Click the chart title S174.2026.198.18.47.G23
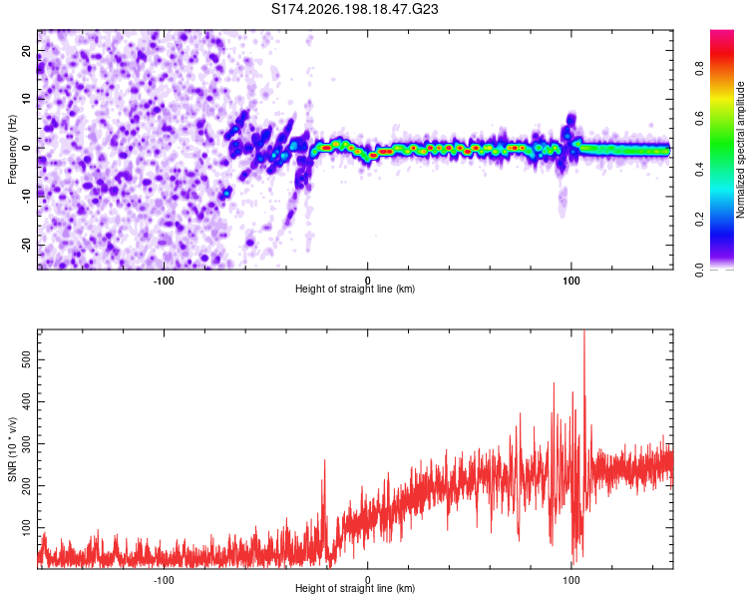point(354,9)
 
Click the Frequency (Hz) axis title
point(12,150)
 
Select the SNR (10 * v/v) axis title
point(12,449)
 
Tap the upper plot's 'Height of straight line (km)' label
point(355,289)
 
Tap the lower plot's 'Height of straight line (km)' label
point(355,588)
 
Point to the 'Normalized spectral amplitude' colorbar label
point(740,150)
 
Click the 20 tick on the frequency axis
point(26,50)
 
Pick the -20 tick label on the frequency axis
point(26,245)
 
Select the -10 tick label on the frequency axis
point(26,196)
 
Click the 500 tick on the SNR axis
point(26,359)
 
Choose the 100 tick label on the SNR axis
point(26,527)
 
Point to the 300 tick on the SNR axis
point(26,443)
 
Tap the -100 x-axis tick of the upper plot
point(164,281)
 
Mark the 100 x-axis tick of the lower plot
point(571,580)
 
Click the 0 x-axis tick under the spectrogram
point(367,281)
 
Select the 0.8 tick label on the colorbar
point(699,68)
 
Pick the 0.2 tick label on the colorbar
point(699,220)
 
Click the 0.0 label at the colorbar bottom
point(699,270)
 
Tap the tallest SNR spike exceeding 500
point(583,334)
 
